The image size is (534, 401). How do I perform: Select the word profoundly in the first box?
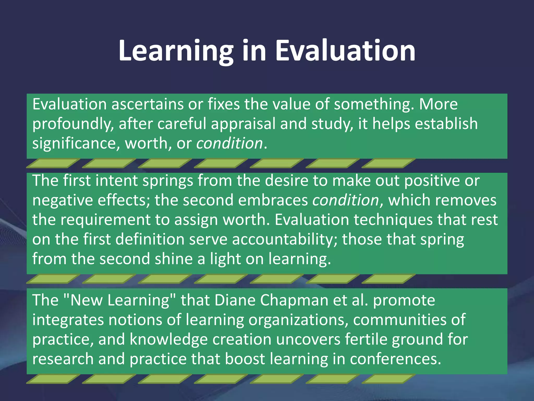click(72, 124)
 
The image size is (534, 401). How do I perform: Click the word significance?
click(74, 144)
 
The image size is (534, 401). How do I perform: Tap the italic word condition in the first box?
click(229, 144)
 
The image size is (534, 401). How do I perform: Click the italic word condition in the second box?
click(346, 200)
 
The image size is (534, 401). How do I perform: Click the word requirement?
click(105, 220)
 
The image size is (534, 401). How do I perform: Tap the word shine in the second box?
click(173, 259)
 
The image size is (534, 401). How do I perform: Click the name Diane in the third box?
click(235, 300)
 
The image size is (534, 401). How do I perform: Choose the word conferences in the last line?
click(395, 359)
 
